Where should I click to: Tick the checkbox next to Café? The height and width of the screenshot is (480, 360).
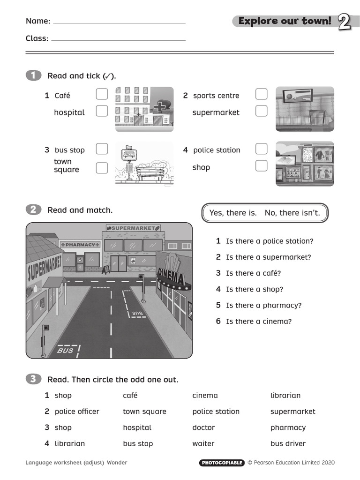[x=102, y=94]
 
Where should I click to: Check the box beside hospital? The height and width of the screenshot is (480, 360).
[x=102, y=111]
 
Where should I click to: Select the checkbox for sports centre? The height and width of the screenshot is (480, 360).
[x=262, y=94]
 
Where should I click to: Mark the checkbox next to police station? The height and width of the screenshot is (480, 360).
[x=262, y=149]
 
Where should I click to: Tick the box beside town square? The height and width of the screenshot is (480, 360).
[x=102, y=168]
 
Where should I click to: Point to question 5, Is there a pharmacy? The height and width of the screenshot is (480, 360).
[x=263, y=305]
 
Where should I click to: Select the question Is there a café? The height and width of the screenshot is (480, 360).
[x=253, y=273]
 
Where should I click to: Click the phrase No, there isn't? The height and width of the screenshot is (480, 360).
[x=292, y=213]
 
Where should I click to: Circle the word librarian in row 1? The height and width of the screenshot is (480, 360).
[x=285, y=396]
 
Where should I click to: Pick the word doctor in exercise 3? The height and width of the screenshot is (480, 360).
[x=203, y=427]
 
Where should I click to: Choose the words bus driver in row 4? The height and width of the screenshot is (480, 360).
[x=288, y=443]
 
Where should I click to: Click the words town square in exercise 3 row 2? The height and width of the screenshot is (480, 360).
[x=144, y=412]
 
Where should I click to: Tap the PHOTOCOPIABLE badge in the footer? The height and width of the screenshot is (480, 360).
[x=222, y=463]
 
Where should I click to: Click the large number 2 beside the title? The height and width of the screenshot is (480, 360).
[x=345, y=22]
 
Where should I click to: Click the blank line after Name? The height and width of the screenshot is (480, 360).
[x=120, y=22]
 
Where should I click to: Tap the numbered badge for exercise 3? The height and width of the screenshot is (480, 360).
[x=33, y=379]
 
